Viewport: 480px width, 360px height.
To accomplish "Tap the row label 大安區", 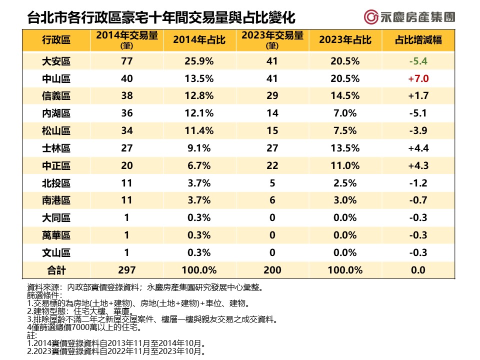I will pyautogui.click(x=56, y=61).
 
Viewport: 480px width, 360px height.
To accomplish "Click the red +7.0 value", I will pyautogui.click(x=418, y=79).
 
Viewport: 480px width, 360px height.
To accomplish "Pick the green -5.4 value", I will pyautogui.click(x=418, y=61).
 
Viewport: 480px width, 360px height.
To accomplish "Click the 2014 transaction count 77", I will pyautogui.click(x=126, y=61).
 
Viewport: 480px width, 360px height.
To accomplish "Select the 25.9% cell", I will pyautogui.click(x=199, y=61).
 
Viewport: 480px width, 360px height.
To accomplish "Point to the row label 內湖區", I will pyautogui.click(x=56, y=113).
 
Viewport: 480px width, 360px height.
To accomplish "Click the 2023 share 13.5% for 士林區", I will pyautogui.click(x=345, y=148).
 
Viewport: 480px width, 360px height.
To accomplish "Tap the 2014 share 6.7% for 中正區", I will pyautogui.click(x=199, y=165).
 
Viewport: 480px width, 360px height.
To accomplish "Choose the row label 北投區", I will pyautogui.click(x=56, y=183).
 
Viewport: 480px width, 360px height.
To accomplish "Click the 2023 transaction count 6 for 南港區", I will pyautogui.click(x=272, y=200).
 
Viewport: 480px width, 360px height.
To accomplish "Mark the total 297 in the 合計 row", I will pyautogui.click(x=126, y=270).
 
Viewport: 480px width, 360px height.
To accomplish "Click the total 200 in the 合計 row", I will pyautogui.click(x=272, y=270).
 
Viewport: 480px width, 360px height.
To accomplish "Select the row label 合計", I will pyautogui.click(x=56, y=270).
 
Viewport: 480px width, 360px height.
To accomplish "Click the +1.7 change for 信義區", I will pyautogui.click(x=418, y=96).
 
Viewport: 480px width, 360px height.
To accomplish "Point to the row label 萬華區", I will pyautogui.click(x=56, y=235).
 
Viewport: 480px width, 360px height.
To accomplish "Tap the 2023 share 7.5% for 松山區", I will pyautogui.click(x=345, y=131).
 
